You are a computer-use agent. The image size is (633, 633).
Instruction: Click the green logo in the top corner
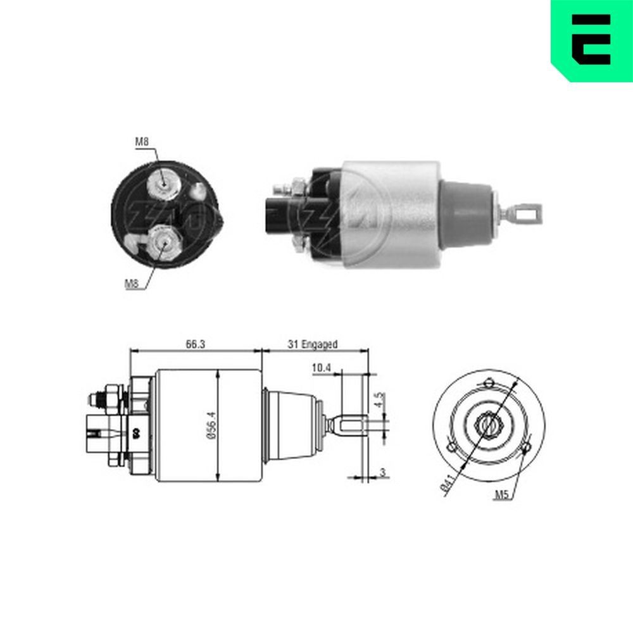(x=592, y=40)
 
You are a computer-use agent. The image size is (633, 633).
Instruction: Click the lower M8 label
(x=131, y=284)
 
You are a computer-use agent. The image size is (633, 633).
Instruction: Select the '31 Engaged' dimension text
(x=313, y=344)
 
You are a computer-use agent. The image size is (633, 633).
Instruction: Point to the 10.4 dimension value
(x=321, y=368)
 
